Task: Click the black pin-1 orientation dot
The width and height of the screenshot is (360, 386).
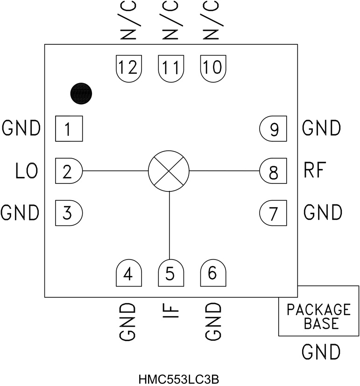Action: pos(81,94)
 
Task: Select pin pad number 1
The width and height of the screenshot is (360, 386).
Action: pos(69,129)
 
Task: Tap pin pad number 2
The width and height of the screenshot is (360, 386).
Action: pos(69,171)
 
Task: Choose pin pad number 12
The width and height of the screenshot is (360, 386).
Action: pos(128,68)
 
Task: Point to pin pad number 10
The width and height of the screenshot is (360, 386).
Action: pos(213,68)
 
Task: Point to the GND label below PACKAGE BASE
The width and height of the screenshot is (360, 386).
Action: pos(320,351)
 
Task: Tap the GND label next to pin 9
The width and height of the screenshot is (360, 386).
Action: pos(322,128)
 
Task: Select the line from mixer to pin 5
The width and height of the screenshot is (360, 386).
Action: pos(169,224)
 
